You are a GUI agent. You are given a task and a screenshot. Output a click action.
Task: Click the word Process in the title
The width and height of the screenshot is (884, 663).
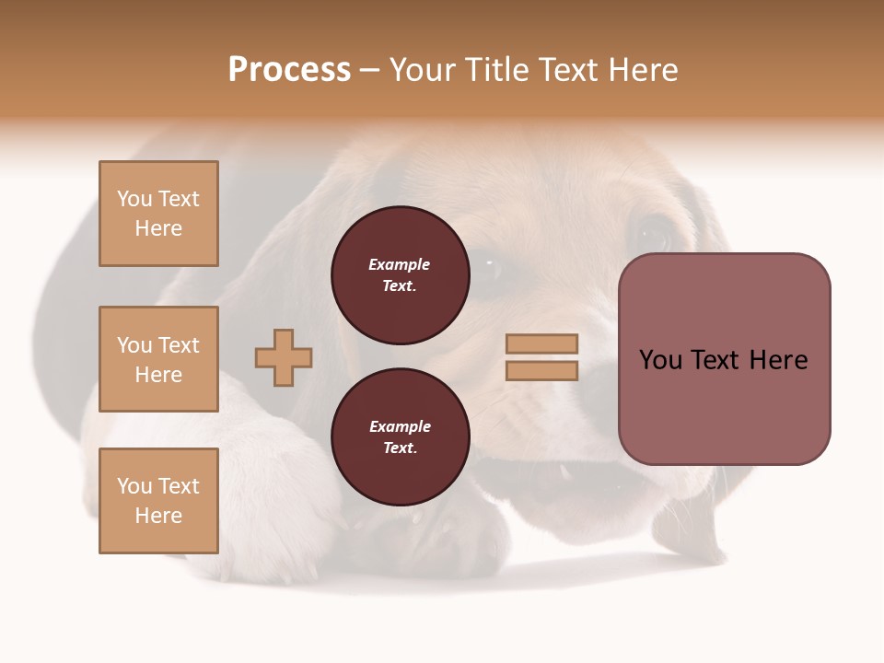click(x=289, y=70)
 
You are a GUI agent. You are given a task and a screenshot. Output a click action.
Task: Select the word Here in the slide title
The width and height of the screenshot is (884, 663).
click(x=642, y=70)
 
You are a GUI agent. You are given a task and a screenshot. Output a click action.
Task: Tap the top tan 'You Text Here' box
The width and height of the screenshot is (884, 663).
click(x=158, y=214)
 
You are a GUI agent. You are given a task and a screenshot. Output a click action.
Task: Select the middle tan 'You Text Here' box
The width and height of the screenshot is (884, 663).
click(x=158, y=359)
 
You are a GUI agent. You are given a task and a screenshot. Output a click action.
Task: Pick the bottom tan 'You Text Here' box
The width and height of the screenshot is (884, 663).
click(x=158, y=501)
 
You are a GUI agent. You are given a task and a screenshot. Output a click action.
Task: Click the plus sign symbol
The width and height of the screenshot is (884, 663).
click(x=284, y=357)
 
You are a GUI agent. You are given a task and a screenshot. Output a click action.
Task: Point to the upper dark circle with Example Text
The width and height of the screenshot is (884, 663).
click(x=401, y=274)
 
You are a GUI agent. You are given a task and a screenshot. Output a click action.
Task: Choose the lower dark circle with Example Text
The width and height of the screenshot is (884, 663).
click(x=401, y=436)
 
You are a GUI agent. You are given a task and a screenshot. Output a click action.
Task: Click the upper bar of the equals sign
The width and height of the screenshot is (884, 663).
click(x=541, y=343)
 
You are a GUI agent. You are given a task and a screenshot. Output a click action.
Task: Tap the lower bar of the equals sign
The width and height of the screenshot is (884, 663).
click(x=541, y=370)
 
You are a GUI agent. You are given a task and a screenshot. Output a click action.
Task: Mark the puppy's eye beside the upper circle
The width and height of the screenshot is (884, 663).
click(x=487, y=267)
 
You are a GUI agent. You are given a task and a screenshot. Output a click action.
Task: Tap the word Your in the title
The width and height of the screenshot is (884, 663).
click(x=421, y=70)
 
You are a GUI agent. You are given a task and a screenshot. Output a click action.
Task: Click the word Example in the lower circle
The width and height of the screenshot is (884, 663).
click(x=400, y=426)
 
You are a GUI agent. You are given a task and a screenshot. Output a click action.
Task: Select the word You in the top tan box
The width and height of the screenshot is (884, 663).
click(x=134, y=199)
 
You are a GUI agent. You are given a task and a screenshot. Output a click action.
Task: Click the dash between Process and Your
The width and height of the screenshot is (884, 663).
click(x=369, y=71)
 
